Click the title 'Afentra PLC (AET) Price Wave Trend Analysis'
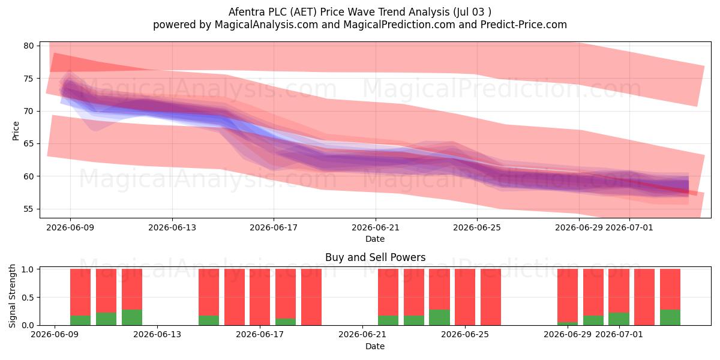coord(339,12)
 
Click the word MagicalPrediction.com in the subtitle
coord(399,25)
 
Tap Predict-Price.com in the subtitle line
coord(524,25)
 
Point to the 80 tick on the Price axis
coord(28,46)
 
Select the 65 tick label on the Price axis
coord(28,143)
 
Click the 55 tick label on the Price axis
coord(28,209)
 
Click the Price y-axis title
coord(16,131)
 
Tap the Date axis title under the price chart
coord(375,239)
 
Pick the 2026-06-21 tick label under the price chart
coord(376,227)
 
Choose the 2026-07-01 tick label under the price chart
coord(629,227)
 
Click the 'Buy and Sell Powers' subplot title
coord(375,257)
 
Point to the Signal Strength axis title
coord(12,296)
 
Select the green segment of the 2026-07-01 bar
coord(619,319)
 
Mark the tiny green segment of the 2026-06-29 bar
coord(568,323)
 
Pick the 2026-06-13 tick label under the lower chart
coord(157,335)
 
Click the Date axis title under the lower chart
coord(375,346)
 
